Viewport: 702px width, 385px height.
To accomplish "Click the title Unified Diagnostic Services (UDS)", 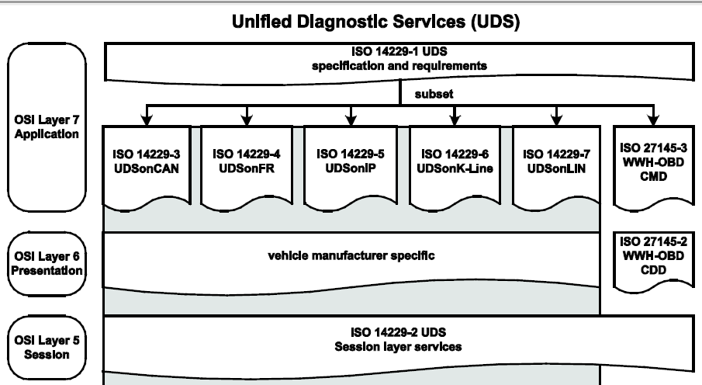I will (375, 23).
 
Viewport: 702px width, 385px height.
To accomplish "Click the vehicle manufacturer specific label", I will (349, 255).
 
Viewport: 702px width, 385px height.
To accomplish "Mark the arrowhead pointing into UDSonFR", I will (247, 120).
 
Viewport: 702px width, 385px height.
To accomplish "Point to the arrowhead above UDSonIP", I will (349, 120).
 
